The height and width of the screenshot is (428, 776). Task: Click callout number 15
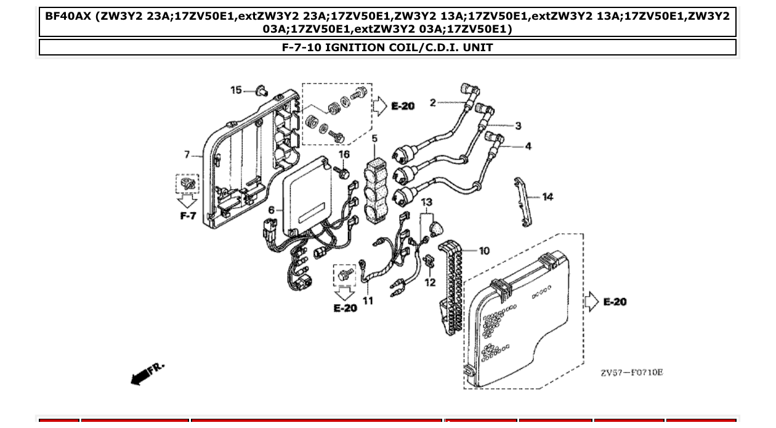[x=236, y=90]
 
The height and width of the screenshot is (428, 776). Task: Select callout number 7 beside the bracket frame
[x=187, y=154]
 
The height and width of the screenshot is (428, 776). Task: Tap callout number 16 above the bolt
[x=344, y=154]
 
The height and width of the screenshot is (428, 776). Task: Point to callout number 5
[x=374, y=139]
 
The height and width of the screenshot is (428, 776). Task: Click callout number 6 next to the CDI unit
[x=272, y=210]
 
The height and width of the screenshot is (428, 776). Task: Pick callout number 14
[x=548, y=197]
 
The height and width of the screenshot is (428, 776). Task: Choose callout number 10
[x=484, y=250]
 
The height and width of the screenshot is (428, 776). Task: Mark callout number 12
[x=430, y=282]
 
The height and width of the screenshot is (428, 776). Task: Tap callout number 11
[x=368, y=301]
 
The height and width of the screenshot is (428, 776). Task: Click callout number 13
[x=426, y=202]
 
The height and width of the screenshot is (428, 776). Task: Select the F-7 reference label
[x=188, y=216]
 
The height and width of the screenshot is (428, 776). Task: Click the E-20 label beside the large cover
[x=615, y=302]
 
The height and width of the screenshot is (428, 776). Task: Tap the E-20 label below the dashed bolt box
[x=345, y=307]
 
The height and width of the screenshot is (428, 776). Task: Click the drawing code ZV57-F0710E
[x=632, y=372]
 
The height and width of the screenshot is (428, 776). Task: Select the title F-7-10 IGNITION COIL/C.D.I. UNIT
[x=387, y=47]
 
